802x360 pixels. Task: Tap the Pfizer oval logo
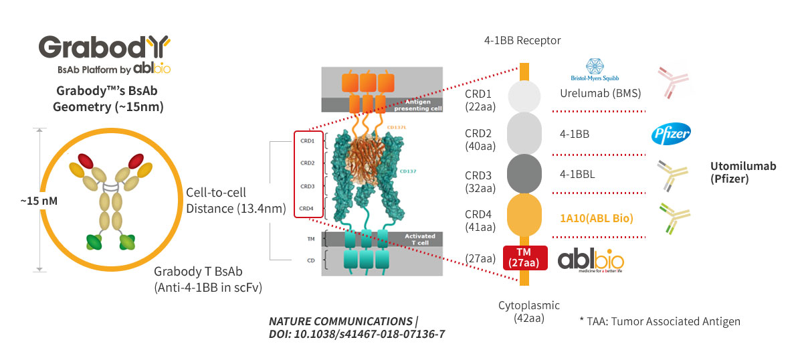tap(671, 133)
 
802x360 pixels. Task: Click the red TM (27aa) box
tap(525, 258)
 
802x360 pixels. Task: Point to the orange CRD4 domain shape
tap(525, 215)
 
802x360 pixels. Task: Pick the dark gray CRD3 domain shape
tap(525, 172)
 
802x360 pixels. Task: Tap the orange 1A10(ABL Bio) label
tap(597, 217)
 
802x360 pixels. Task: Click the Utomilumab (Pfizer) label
tap(743, 173)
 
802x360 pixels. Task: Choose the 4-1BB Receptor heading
tap(522, 40)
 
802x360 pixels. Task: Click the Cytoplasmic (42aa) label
tap(528, 311)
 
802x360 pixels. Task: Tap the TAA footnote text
tap(660, 321)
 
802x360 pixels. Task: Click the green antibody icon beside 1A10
tap(673, 218)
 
